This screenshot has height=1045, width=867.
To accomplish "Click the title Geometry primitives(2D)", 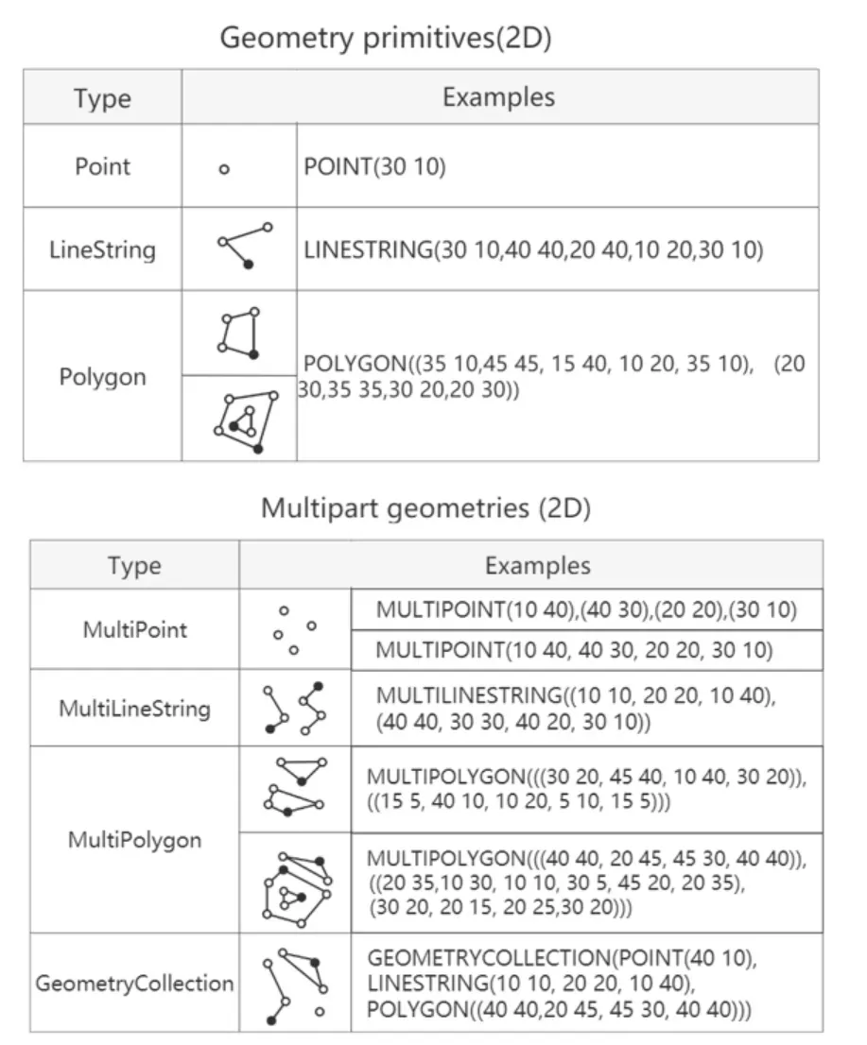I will coord(385,38).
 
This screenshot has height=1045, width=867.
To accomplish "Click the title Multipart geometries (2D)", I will coord(425,508).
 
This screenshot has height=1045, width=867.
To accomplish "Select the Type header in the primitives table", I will coord(102,98).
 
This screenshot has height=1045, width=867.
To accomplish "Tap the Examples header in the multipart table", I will coord(537,565).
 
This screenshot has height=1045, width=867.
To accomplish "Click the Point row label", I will coord(102,166).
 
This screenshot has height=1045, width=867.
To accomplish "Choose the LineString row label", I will coord(102,250).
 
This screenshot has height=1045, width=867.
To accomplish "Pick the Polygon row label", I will coord(102,377).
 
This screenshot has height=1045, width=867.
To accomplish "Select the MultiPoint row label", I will coord(134,629).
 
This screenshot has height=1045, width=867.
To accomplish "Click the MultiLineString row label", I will coord(134,708).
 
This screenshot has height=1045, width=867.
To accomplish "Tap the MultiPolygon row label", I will coord(134,840).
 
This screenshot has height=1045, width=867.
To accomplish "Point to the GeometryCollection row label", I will coord(134,983).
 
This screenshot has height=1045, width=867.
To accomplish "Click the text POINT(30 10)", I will coord(374,167).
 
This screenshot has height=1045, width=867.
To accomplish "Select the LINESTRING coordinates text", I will coord(533,250).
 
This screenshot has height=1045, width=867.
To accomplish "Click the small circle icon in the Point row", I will coord(224,170).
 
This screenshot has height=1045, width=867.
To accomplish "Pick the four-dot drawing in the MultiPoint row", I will coord(294,630).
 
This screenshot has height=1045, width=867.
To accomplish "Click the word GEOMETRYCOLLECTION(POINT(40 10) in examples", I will coord(562,958).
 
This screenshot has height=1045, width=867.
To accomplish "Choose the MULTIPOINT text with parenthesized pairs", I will coord(586,610).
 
